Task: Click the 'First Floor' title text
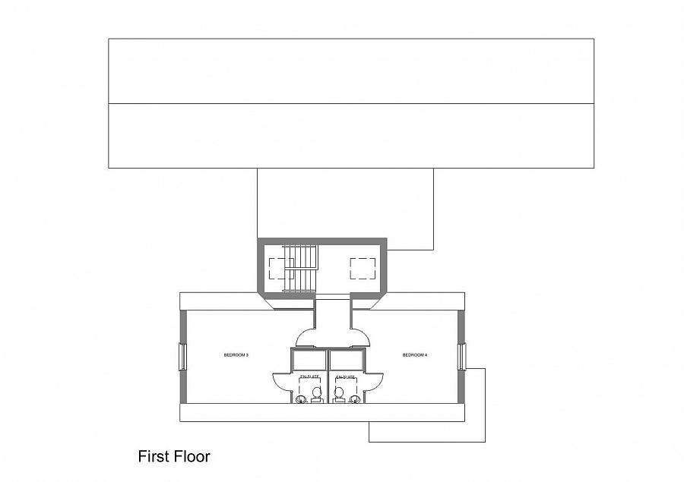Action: point(173,456)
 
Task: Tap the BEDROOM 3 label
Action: point(236,354)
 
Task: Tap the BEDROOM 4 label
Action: point(415,354)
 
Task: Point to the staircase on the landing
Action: point(299,269)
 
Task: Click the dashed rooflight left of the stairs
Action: point(280,269)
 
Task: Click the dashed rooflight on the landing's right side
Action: point(363,269)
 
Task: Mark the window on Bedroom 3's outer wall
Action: point(182,357)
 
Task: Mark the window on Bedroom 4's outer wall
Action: point(461,357)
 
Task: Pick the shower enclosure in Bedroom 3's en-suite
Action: point(309,360)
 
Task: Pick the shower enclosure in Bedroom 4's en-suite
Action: point(346,360)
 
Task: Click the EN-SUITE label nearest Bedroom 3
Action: point(309,376)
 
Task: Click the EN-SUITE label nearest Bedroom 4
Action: point(345,376)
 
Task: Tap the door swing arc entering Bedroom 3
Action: point(306,338)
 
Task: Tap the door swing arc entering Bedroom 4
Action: point(359,338)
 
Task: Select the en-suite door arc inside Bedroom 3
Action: point(281,381)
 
